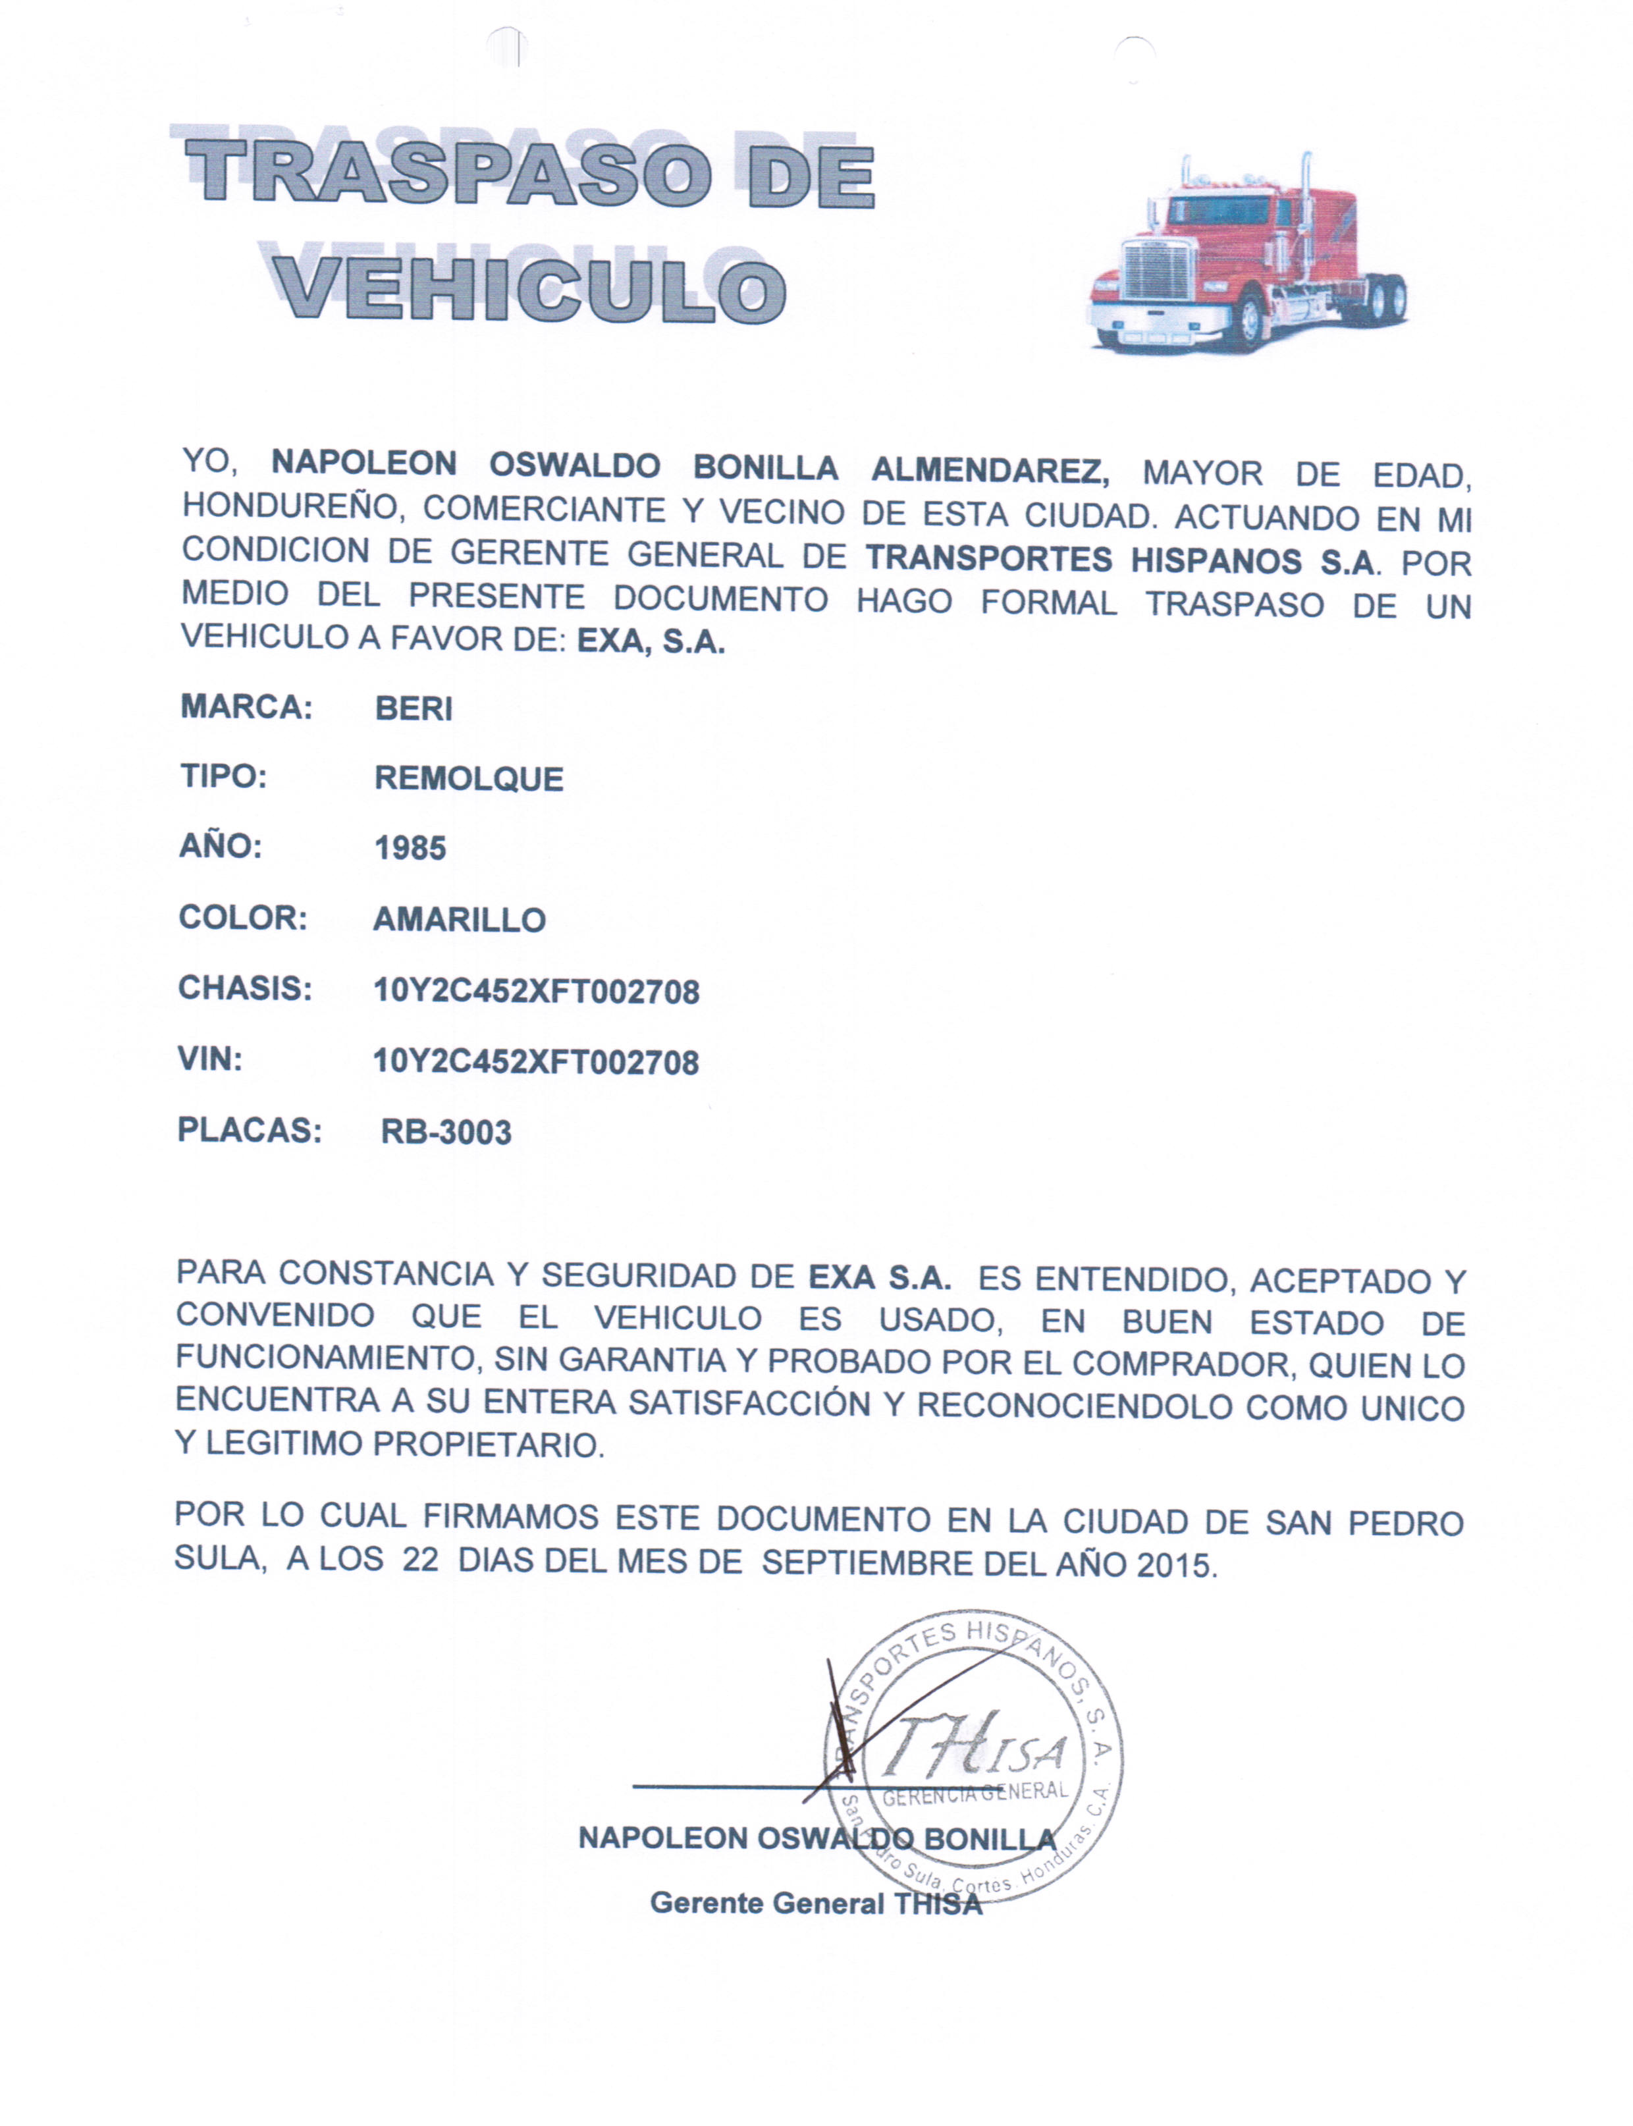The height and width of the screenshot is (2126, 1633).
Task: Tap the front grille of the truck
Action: point(1157,270)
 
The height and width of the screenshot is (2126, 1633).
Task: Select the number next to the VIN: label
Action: point(535,1062)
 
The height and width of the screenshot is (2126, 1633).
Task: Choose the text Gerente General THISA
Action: point(816,1903)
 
